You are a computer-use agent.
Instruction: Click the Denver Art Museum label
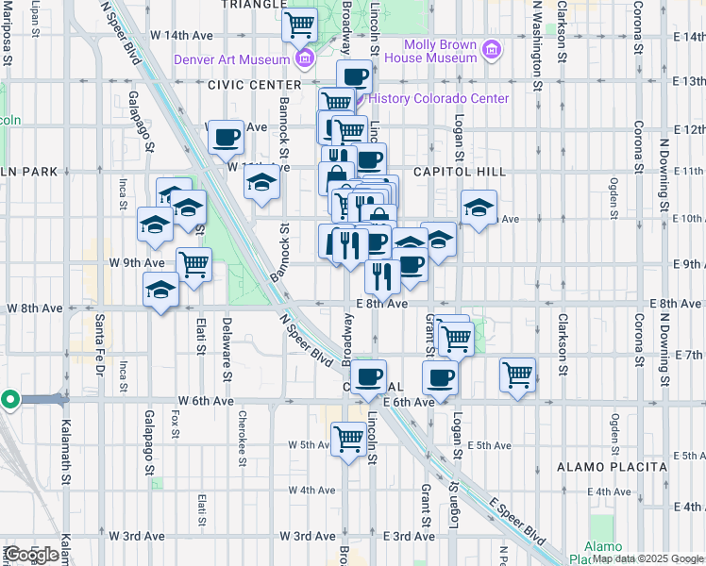click(x=231, y=59)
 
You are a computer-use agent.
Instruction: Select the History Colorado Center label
click(x=439, y=98)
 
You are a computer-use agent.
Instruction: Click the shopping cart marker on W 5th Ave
click(x=348, y=439)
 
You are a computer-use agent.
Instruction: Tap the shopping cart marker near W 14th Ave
click(x=300, y=25)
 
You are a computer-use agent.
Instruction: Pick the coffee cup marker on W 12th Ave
click(x=227, y=139)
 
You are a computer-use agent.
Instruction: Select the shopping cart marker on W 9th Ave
click(x=193, y=264)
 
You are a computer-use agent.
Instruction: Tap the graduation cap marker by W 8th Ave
click(x=161, y=290)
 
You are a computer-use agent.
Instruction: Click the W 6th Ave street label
click(x=209, y=400)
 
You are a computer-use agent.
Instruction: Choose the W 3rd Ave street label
click(x=136, y=536)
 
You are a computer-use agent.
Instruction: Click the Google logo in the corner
click(x=31, y=555)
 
